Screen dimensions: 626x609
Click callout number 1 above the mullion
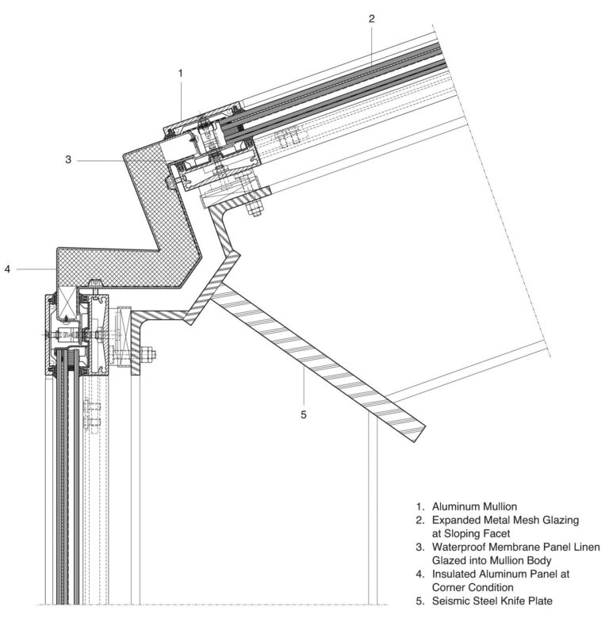tap(181, 73)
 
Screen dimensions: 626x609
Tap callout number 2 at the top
tap(371, 17)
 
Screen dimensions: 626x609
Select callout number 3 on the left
tap(69, 159)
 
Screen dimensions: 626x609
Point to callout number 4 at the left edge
tap(7, 269)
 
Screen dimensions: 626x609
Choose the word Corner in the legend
tap(450, 587)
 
